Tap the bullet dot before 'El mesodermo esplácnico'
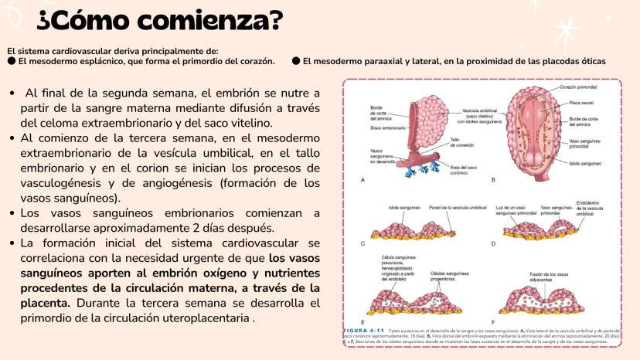[11, 60]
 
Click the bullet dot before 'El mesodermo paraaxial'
[295, 60]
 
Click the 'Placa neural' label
[581, 102]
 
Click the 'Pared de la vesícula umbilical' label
[458, 208]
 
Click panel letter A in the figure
[363, 179]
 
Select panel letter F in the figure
[493, 321]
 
